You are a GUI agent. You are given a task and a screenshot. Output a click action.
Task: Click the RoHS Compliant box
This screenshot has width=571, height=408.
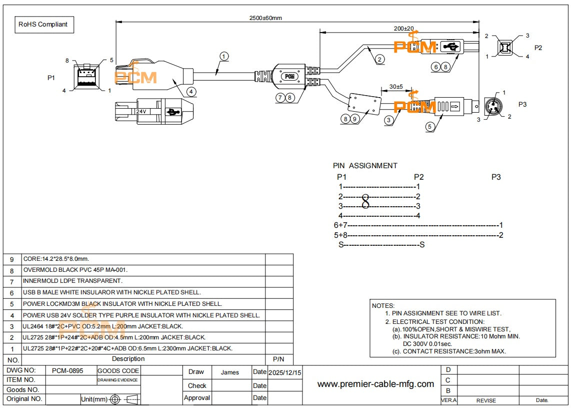[43, 24]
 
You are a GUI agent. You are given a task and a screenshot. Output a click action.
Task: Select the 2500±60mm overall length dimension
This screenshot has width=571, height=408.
[265, 18]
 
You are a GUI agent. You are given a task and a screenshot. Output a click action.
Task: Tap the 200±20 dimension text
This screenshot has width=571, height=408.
[403, 29]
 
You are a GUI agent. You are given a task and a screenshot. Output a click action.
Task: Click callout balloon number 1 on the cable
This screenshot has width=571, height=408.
[224, 56]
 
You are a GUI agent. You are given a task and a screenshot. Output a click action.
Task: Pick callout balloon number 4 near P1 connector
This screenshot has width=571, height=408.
[191, 91]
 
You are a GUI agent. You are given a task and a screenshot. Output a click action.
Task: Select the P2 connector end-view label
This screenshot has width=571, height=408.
[538, 48]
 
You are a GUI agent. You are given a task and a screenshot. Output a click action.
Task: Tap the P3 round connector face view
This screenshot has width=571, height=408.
[491, 106]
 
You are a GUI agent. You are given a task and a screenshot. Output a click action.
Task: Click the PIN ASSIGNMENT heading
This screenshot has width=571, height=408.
[365, 166]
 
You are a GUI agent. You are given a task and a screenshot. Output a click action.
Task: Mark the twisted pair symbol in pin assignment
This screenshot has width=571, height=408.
[365, 201]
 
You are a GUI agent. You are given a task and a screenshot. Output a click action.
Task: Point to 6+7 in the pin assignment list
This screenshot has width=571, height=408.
[340, 225]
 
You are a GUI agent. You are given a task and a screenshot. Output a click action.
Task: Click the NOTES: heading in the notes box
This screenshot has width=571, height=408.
[383, 305]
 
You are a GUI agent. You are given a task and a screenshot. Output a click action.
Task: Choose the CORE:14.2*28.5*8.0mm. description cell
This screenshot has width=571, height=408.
[56, 259]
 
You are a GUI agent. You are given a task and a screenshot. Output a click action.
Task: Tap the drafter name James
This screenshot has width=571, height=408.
[229, 372]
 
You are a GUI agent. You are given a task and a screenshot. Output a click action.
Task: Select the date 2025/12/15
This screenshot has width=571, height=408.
[284, 372]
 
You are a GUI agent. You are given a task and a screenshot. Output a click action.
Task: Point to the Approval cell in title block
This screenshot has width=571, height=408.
[197, 398]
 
